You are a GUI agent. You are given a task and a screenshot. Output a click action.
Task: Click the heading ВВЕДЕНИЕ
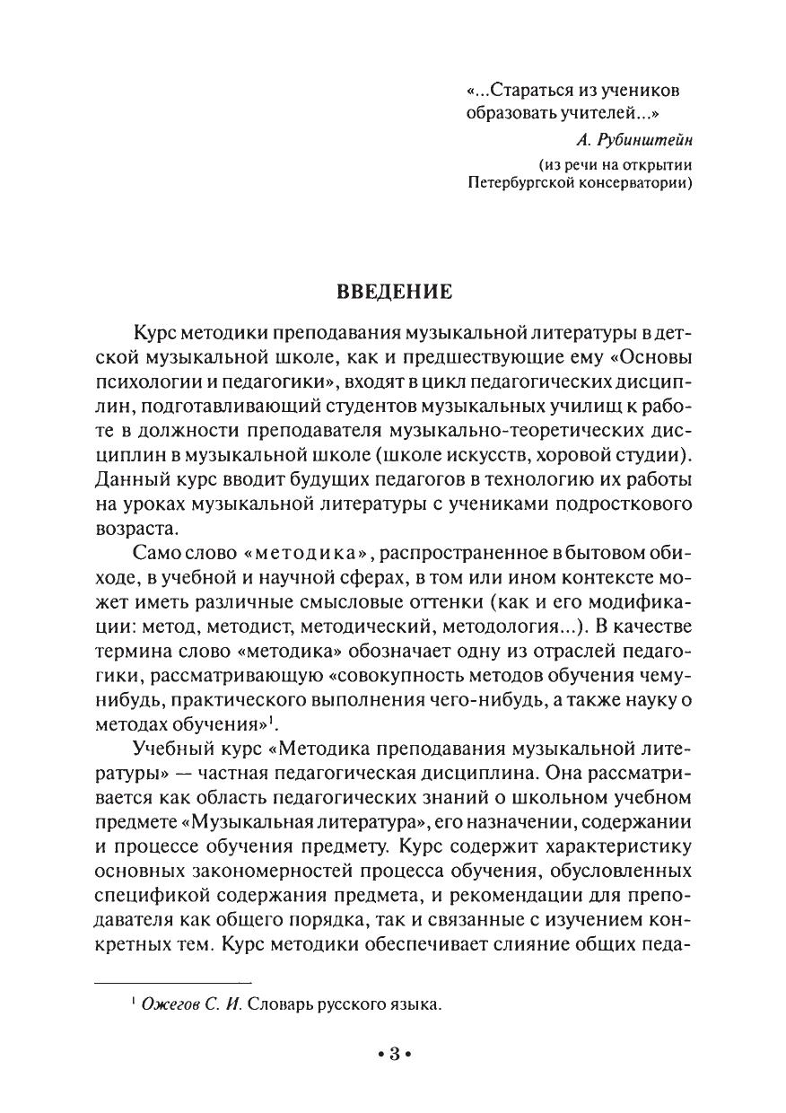pos(394,293)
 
